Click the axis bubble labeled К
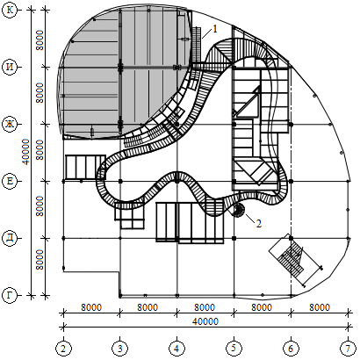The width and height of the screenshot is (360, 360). click(10, 10)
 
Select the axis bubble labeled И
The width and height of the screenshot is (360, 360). click(10, 67)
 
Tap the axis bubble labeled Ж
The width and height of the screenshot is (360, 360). click(10, 124)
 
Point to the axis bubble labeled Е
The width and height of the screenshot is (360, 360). click(10, 181)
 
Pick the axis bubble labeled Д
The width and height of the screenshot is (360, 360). click(10, 238)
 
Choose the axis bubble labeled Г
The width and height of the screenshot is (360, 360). click(10, 295)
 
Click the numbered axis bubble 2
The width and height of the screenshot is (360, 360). click(63, 349)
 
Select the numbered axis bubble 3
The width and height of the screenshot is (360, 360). click(120, 349)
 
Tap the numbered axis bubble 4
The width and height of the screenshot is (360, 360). click(176, 349)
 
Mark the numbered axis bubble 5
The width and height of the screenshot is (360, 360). click(234, 349)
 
